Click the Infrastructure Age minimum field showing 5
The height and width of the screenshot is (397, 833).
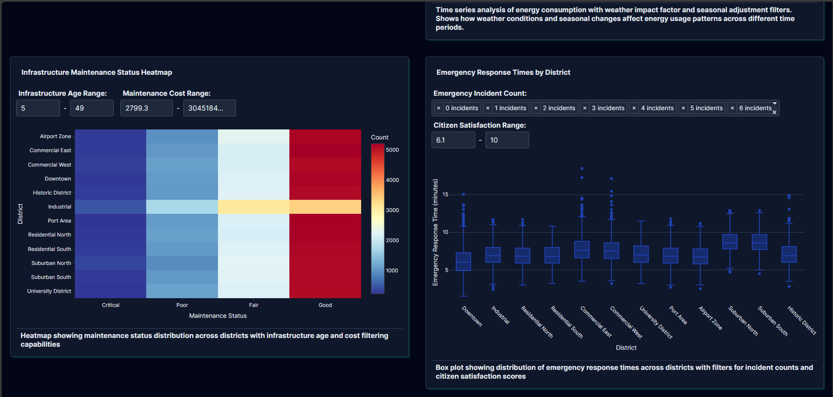[38, 108]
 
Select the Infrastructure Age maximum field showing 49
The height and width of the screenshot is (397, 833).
[91, 108]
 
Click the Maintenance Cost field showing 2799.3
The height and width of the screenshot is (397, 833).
[146, 108]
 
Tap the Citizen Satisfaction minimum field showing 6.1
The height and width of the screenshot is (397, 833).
[453, 140]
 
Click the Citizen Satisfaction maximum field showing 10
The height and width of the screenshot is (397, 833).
[507, 140]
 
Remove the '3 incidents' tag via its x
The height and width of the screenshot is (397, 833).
[585, 108]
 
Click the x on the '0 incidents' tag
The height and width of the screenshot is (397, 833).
[439, 108]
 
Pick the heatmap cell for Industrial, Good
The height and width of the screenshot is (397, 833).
[325, 207]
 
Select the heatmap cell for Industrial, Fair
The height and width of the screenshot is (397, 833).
[253, 207]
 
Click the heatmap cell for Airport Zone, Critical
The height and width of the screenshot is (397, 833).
[110, 136]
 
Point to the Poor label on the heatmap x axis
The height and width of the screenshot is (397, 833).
[182, 305]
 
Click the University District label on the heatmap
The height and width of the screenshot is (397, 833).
[49, 291]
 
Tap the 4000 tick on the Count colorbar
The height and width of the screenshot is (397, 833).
[392, 180]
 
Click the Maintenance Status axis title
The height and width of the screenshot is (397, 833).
[218, 316]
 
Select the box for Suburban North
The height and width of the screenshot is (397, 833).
[730, 242]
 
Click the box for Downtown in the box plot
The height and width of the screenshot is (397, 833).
[464, 261]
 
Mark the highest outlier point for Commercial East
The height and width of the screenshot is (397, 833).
[582, 168]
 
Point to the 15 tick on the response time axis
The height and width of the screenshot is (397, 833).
[446, 195]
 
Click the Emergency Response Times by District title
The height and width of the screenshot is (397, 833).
[503, 73]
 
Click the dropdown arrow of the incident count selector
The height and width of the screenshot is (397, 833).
[775, 104]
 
